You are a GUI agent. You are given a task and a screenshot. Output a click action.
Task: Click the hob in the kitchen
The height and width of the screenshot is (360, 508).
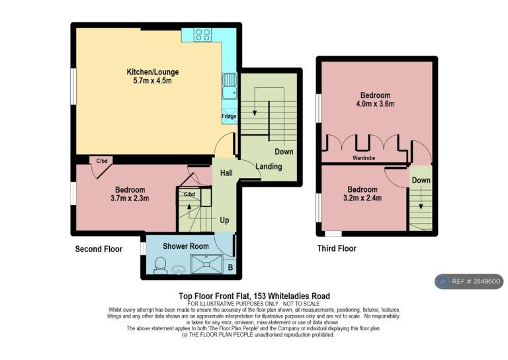pyautogui.click(x=203, y=34)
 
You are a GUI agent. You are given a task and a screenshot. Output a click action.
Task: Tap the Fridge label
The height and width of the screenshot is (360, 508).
pyautogui.click(x=229, y=116)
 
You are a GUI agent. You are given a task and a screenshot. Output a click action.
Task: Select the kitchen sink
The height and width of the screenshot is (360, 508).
pyautogui.click(x=230, y=86)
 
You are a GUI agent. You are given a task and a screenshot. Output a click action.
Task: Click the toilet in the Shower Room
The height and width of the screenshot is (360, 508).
pyautogui.click(x=160, y=266)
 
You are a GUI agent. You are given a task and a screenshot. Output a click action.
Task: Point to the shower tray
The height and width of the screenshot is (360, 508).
pyautogui.click(x=206, y=264)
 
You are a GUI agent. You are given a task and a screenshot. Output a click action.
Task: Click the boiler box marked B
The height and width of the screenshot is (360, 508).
pyautogui.click(x=230, y=267)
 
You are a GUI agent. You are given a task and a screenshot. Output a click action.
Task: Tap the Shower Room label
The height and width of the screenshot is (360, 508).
pyautogui.click(x=186, y=246)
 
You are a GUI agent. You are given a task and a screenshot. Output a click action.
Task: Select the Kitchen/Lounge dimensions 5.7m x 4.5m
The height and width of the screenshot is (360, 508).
pyautogui.click(x=153, y=81)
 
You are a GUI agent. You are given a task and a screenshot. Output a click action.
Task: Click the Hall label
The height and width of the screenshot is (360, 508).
pyautogui.click(x=226, y=173)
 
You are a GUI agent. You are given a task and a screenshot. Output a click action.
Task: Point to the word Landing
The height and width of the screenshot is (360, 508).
pyautogui.click(x=269, y=167)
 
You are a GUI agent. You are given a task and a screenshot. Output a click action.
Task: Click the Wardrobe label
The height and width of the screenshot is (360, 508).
pyautogui.click(x=364, y=157)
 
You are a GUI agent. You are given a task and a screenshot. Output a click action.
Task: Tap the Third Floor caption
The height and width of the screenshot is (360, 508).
pyautogui.click(x=337, y=249)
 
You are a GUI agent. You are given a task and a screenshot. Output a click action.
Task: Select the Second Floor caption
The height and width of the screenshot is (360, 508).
pyautogui.click(x=99, y=249)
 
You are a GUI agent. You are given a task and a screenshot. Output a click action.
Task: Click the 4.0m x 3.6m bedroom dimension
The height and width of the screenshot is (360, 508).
pyautogui.click(x=375, y=104)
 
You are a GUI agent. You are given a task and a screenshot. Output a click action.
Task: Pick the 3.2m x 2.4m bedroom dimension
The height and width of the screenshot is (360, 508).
pyautogui.click(x=362, y=198)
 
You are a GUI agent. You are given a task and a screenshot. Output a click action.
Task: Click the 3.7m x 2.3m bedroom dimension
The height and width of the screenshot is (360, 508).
pyautogui.click(x=130, y=198)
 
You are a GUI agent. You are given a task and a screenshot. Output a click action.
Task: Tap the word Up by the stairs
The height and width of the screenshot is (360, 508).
pyautogui.click(x=224, y=220)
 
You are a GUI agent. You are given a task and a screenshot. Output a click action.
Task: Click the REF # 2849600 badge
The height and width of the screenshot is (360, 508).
pyautogui.click(x=469, y=281)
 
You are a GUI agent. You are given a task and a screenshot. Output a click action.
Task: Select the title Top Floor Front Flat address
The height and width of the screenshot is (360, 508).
pyautogui.click(x=254, y=296)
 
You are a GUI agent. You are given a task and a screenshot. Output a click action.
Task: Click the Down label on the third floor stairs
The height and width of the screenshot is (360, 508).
pyautogui.click(x=421, y=180)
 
